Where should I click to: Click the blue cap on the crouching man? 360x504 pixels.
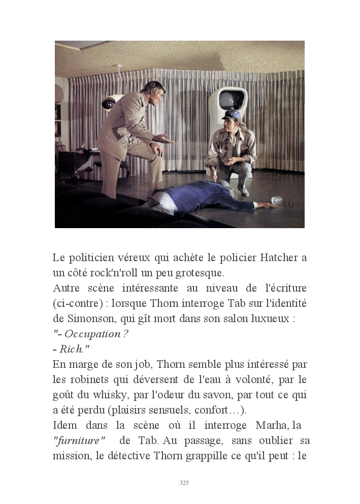tap(232, 115)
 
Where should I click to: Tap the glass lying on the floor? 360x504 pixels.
tap(276, 200)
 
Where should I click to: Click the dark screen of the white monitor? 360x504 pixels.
tap(227, 100)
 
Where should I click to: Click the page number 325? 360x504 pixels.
tap(184, 483)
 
